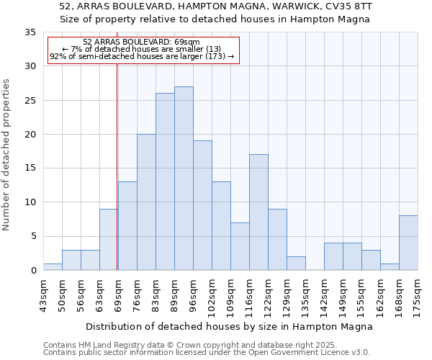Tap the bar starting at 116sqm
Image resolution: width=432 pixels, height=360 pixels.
[258, 212]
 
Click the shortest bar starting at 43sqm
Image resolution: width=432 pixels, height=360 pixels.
[53, 266]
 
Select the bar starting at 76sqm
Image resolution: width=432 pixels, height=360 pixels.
[146, 202]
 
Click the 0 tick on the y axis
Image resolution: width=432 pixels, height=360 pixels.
[33, 271]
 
